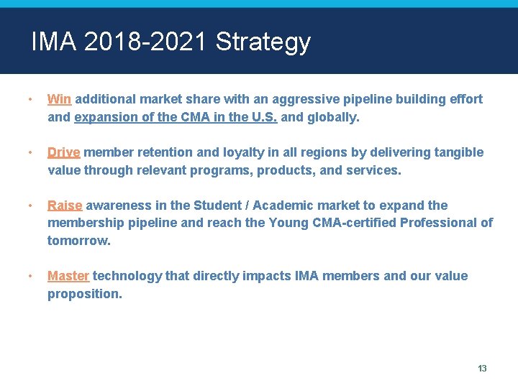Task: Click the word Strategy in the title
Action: coord(263,43)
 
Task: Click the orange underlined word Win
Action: coord(59,99)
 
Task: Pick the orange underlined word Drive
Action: coord(63,152)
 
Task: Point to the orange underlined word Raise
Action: coord(65,205)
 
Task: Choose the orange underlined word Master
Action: coord(68,276)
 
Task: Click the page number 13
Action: coord(482,369)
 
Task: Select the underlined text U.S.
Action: coord(263,116)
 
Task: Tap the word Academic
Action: coord(283,205)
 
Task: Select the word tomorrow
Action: coord(79,240)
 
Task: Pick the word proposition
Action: coord(85,293)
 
